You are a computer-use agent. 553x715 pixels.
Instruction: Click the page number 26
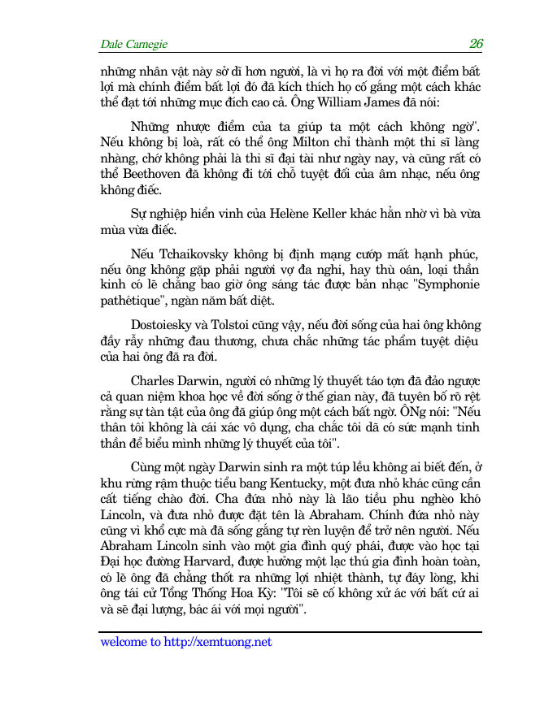click(477, 43)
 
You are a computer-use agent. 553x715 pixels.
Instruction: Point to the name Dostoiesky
click(166, 324)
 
